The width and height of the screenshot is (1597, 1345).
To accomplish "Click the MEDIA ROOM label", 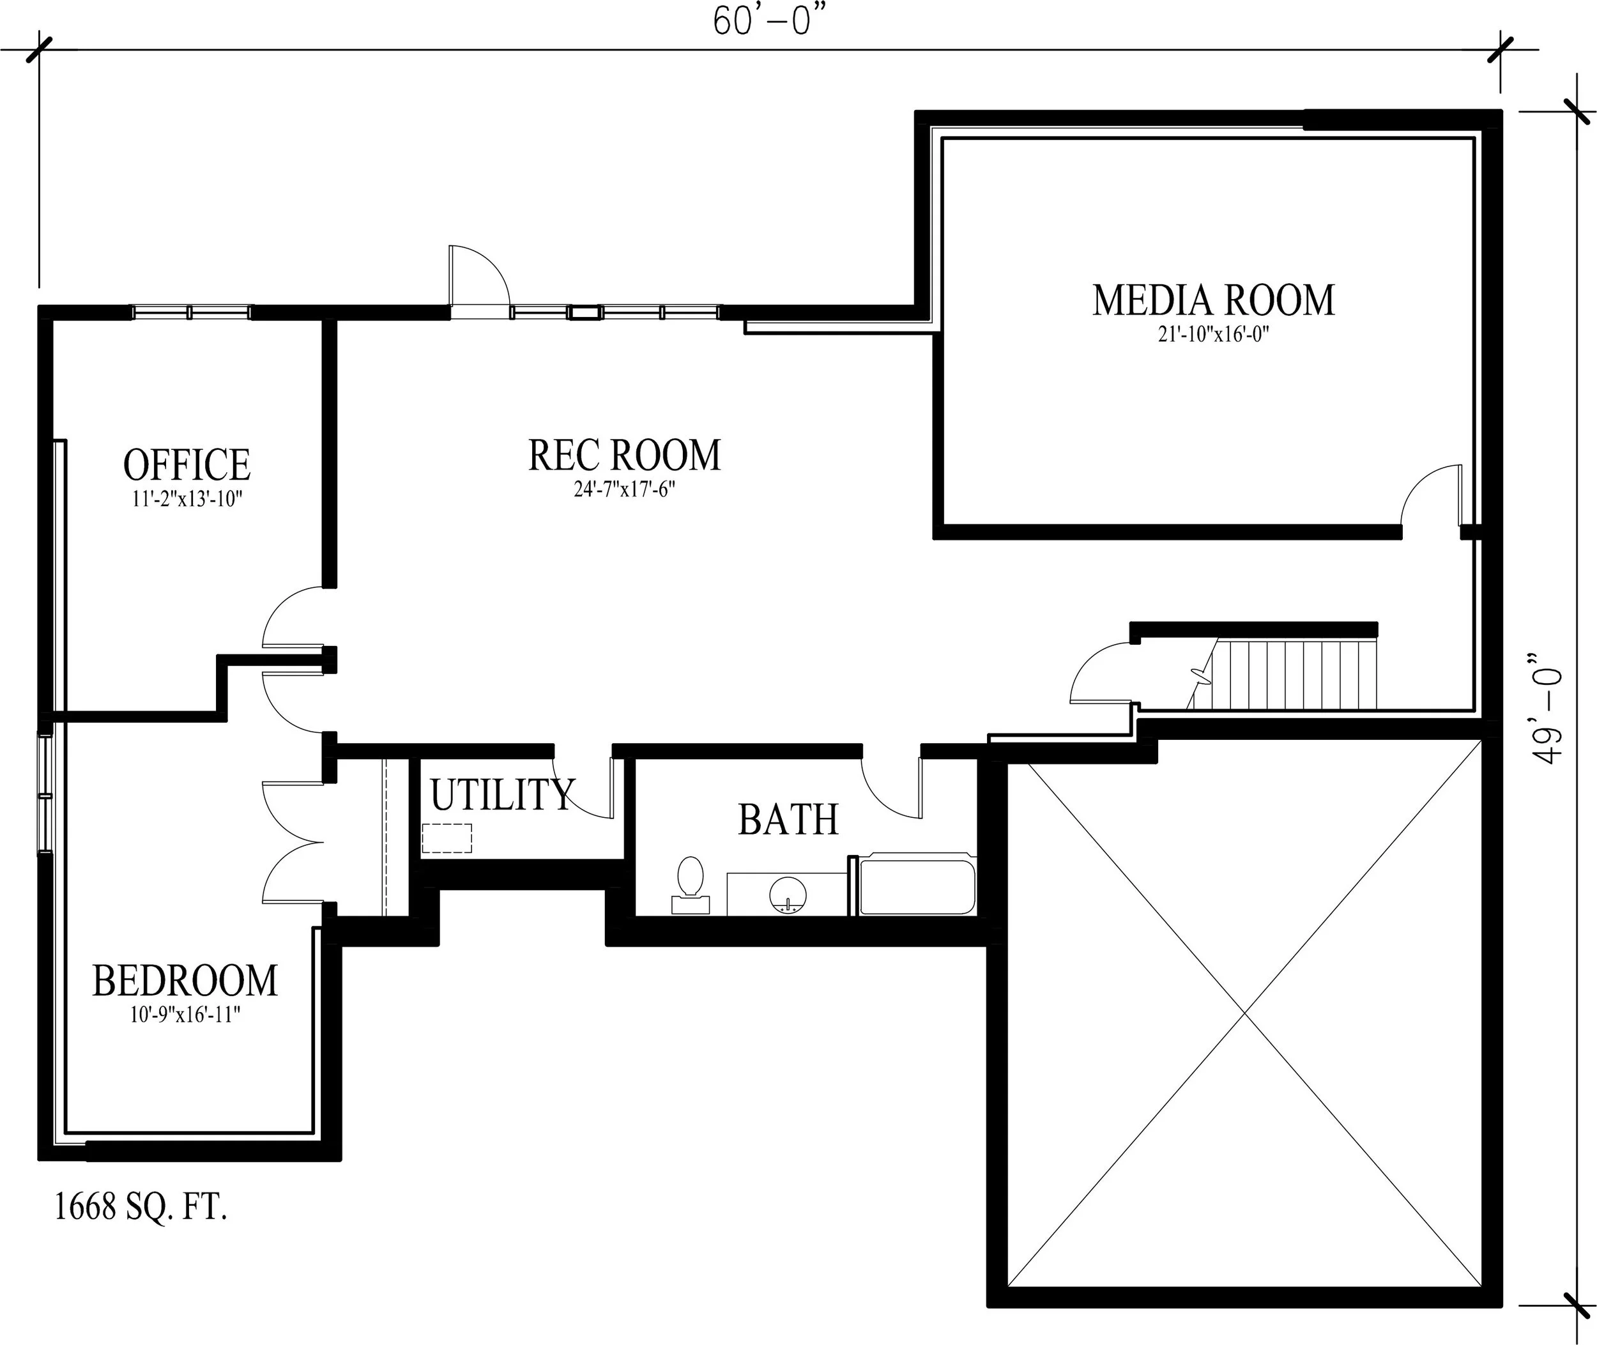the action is pyautogui.click(x=1214, y=300).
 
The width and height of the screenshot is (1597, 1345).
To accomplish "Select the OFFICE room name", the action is pyautogui.click(x=187, y=465).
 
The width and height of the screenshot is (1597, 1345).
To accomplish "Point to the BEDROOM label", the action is pyautogui.click(x=185, y=981).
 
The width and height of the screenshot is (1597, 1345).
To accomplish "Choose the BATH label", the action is pyautogui.click(x=788, y=820).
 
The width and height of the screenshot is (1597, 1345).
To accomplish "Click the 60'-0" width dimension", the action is pyautogui.click(x=769, y=21).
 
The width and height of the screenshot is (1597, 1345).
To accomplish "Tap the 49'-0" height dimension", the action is pyautogui.click(x=1547, y=707).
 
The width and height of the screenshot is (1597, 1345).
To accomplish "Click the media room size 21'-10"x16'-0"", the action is pyautogui.click(x=1214, y=335).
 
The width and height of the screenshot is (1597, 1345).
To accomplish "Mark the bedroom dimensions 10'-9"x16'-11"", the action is pyautogui.click(x=185, y=1015).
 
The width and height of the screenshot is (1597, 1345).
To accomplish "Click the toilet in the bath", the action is pyautogui.click(x=691, y=884).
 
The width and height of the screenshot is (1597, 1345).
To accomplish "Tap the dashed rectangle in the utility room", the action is pyautogui.click(x=447, y=838).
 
